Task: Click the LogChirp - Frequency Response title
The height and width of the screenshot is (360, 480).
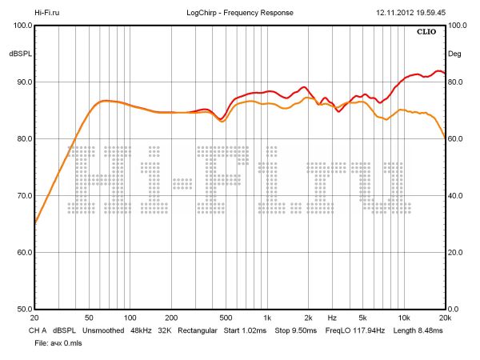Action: point(239,13)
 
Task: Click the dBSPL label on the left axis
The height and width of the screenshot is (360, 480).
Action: point(20,54)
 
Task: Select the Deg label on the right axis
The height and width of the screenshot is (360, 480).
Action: point(455,54)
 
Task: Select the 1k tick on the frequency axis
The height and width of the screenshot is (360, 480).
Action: point(267,318)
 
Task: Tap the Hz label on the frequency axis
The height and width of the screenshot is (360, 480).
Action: point(331,318)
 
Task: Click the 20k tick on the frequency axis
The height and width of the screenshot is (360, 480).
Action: point(445,318)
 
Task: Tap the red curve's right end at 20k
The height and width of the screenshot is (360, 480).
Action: point(444,73)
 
